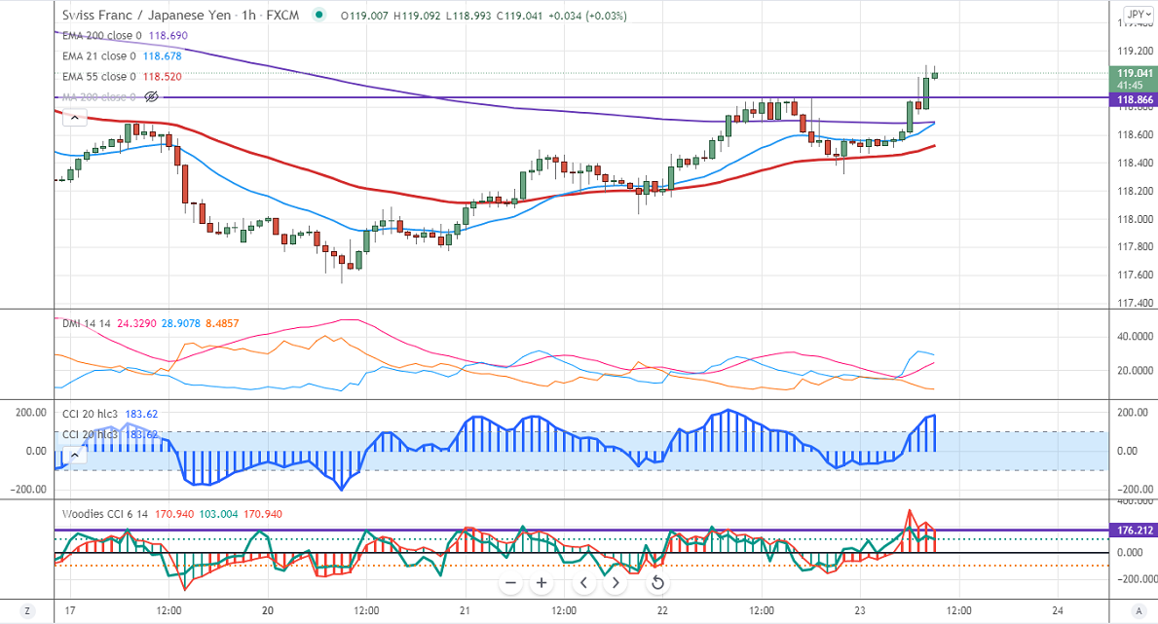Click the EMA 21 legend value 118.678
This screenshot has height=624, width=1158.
click(x=163, y=55)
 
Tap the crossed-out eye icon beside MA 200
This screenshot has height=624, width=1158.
click(x=151, y=96)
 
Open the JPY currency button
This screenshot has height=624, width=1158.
click(x=1136, y=14)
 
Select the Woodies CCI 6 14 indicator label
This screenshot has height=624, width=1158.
click(x=105, y=514)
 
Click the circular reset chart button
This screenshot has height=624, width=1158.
click(x=657, y=583)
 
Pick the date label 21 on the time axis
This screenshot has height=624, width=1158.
click(x=466, y=610)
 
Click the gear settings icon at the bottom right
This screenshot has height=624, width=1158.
click(x=1137, y=610)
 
